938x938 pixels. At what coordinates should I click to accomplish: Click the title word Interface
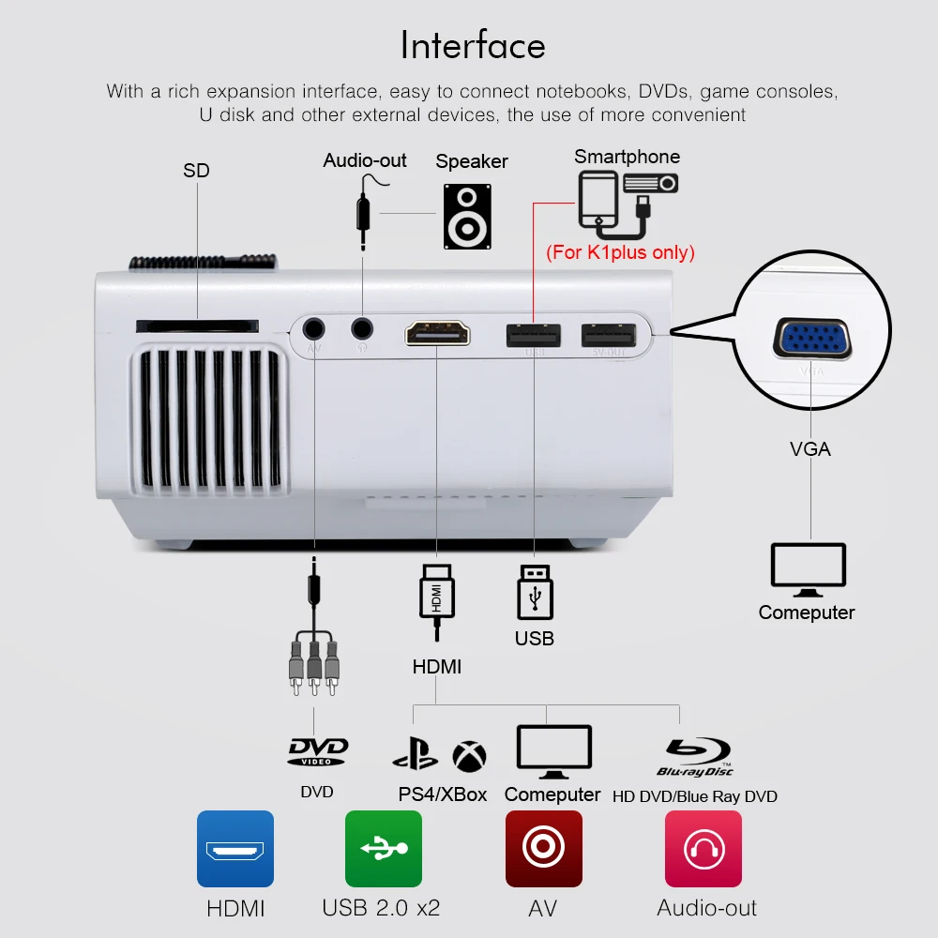473,45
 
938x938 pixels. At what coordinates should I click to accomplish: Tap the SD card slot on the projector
197,325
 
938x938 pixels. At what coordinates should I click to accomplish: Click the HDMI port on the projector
437,333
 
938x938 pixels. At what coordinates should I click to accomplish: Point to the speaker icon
467,216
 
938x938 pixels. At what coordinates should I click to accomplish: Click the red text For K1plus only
620,251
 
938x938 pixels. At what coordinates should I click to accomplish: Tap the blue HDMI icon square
235,849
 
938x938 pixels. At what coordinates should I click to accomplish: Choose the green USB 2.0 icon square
384,849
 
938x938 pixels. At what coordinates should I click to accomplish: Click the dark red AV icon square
544,849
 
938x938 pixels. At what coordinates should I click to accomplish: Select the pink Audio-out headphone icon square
703,849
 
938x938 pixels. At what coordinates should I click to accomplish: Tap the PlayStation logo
416,754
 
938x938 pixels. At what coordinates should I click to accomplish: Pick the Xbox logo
469,756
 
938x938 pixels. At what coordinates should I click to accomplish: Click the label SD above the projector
196,171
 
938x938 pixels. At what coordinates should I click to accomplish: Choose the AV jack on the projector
313,329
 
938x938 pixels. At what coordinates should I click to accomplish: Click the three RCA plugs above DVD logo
314,666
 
